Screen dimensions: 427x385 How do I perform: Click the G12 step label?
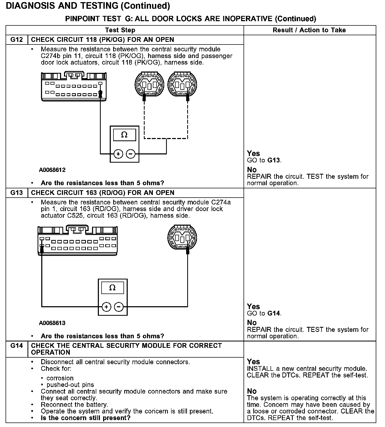click(16, 40)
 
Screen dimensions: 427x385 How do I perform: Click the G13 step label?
click(16, 193)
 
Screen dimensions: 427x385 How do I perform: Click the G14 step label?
click(16, 346)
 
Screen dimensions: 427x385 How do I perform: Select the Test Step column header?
click(120, 30)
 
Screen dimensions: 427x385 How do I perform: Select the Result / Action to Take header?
click(309, 30)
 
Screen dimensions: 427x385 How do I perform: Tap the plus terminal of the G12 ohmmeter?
click(118, 154)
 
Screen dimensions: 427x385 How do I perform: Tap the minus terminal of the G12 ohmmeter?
click(131, 154)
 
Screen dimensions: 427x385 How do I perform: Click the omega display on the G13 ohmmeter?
click(112, 288)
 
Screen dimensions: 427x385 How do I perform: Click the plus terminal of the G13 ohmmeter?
click(106, 307)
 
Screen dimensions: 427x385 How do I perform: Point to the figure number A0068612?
click(52, 170)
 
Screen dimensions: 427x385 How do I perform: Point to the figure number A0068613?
click(52, 323)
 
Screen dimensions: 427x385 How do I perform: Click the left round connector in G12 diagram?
click(149, 84)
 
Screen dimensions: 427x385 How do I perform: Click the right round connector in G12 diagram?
click(182, 84)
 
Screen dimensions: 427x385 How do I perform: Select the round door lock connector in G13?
click(182, 237)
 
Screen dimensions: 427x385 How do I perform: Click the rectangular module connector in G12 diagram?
click(74, 86)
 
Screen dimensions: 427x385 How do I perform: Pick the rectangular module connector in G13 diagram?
click(77, 241)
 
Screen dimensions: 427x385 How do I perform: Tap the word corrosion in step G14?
click(60, 378)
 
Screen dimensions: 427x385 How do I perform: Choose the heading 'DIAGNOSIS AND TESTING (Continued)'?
click(88, 6)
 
